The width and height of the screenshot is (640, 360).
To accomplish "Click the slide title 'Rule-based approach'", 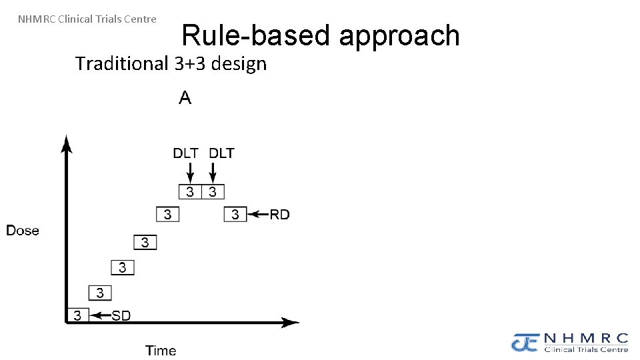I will pyautogui.click(x=320, y=35).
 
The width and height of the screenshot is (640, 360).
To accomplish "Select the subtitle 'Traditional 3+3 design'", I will pyautogui.click(x=171, y=64).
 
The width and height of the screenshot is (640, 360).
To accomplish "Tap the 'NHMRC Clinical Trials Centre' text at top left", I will pyautogui.click(x=87, y=19).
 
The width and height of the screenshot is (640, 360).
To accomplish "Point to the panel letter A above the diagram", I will pyautogui.click(x=185, y=99).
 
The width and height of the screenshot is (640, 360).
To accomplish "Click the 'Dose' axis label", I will pyautogui.click(x=23, y=231).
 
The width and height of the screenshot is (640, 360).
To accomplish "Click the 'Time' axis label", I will pyautogui.click(x=161, y=350).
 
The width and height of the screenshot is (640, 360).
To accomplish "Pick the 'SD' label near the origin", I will pyautogui.click(x=121, y=315).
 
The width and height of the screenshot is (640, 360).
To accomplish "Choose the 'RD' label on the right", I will pyautogui.click(x=279, y=215).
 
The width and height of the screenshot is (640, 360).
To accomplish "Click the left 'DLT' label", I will pyautogui.click(x=185, y=153).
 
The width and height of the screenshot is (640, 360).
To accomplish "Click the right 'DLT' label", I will pyautogui.click(x=222, y=153).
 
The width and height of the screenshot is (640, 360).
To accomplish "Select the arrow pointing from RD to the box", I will pyautogui.click(x=257, y=215).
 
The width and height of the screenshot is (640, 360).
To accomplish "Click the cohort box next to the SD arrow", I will pyautogui.click(x=77, y=315).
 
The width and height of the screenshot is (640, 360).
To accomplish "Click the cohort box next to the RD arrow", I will pyautogui.click(x=235, y=215).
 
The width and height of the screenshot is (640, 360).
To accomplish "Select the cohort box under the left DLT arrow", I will pyautogui.click(x=190, y=192).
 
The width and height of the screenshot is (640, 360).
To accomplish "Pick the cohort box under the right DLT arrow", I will pyautogui.click(x=213, y=192).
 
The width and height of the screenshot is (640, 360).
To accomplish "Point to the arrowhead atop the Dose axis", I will pyautogui.click(x=66, y=142).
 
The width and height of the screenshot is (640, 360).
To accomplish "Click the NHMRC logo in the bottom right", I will pyautogui.click(x=570, y=342).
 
